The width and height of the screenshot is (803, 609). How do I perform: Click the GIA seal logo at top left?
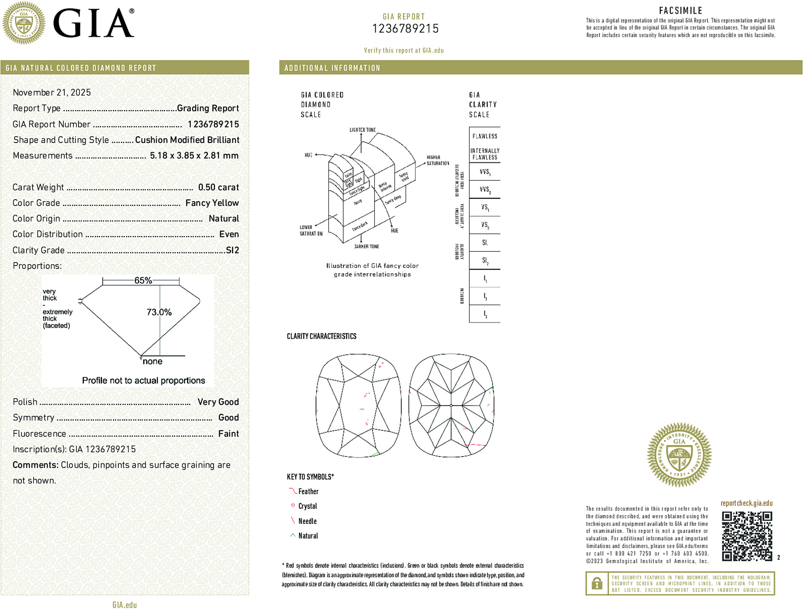[x=24, y=23]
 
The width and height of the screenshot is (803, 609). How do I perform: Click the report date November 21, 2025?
[x=52, y=93]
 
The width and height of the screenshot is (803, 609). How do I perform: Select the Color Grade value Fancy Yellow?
[x=212, y=203]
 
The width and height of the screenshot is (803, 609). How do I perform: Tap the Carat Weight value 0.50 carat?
[x=218, y=187]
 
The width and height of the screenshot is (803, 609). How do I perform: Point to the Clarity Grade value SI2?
[x=232, y=250]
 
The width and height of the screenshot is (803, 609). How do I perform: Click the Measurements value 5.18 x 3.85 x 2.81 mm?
[x=194, y=155]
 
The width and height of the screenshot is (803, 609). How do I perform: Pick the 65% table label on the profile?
[x=143, y=281]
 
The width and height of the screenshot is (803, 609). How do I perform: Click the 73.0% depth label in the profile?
[x=159, y=312]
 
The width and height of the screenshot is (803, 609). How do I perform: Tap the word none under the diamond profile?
[x=153, y=361]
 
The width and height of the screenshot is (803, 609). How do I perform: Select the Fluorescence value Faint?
[x=229, y=433]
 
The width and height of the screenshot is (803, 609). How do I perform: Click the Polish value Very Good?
[x=218, y=402]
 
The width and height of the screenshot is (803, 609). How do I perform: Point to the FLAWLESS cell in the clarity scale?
[x=485, y=136]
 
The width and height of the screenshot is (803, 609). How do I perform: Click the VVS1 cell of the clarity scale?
[x=485, y=172]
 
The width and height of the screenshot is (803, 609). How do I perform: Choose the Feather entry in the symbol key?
[x=308, y=492]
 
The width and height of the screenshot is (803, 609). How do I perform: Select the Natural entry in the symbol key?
[x=308, y=536]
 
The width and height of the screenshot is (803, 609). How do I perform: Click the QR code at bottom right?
[x=747, y=536]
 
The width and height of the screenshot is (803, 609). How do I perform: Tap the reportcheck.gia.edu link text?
[x=746, y=503]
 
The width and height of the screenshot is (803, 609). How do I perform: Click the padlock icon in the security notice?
[x=596, y=583]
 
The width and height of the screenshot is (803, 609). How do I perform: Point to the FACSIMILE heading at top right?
[x=680, y=11]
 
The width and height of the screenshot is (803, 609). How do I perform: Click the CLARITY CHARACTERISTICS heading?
[x=322, y=336]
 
